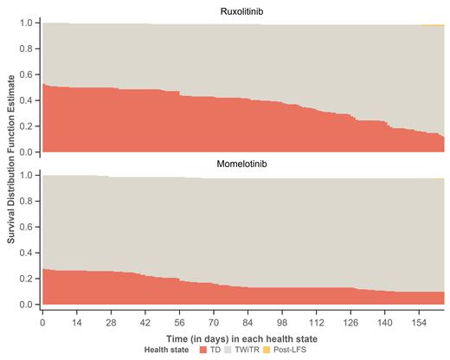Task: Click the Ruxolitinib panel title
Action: (243, 11)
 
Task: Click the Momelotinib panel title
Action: (243, 164)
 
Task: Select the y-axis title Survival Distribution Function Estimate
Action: (11, 162)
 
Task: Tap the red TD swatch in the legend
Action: (204, 350)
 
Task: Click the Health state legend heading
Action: (170, 350)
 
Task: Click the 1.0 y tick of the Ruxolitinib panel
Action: (25, 22)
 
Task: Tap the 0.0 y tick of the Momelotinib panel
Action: (25, 305)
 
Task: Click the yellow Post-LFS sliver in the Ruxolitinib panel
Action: (433, 25)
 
